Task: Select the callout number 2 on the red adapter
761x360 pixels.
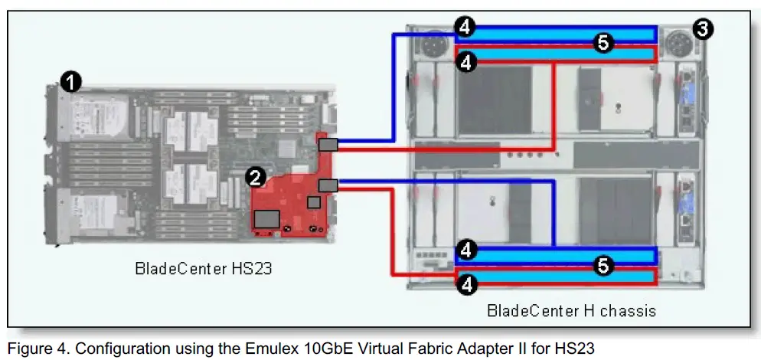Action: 256,178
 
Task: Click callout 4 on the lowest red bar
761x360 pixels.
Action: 465,284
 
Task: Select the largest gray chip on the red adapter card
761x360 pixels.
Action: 266,218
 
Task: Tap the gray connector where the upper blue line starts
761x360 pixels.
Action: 328,145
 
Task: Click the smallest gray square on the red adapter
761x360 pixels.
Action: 313,201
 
